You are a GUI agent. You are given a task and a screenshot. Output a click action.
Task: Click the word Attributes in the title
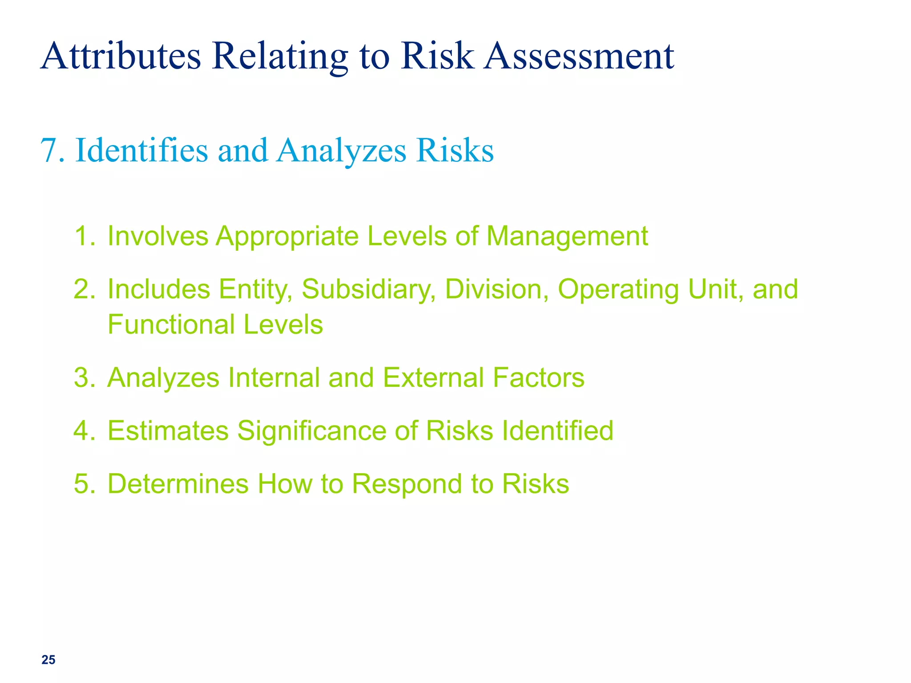tap(121, 56)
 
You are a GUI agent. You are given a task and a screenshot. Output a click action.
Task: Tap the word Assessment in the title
tap(579, 56)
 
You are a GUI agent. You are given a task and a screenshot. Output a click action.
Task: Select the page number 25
tap(48, 660)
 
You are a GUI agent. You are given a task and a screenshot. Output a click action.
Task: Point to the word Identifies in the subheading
tap(141, 150)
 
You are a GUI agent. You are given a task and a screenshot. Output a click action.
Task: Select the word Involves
tap(158, 236)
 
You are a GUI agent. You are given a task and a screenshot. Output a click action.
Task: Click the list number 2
tap(84, 289)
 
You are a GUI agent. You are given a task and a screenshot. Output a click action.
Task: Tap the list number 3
tap(84, 378)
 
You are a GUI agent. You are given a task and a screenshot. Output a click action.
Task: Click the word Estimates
tap(168, 430)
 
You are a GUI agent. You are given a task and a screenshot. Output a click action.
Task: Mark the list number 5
tap(84, 484)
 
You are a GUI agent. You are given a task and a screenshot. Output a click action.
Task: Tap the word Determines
tap(178, 484)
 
